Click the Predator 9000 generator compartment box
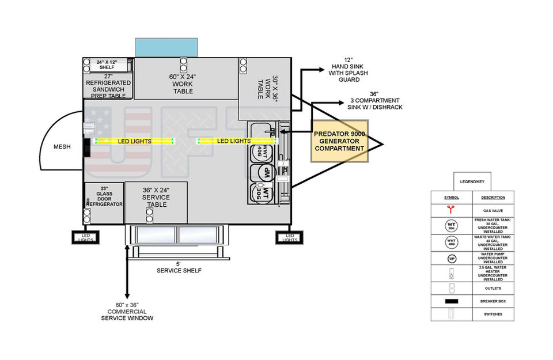340,141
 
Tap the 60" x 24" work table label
183,84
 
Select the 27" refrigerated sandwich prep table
108,86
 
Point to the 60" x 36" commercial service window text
127,311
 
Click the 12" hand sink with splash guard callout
348,70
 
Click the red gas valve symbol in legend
452,210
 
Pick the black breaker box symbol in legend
452,301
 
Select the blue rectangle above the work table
166,48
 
